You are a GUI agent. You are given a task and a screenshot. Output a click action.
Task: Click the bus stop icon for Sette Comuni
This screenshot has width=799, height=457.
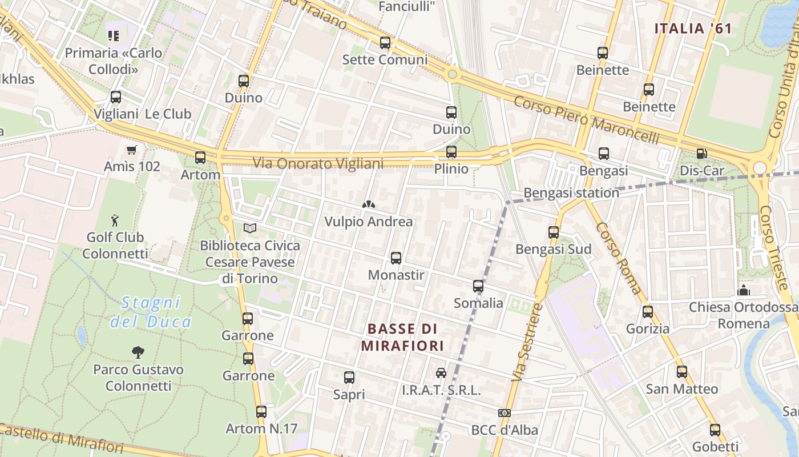click(x=385, y=43)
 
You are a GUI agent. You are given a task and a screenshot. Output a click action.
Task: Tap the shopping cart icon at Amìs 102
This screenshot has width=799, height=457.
click(x=132, y=150)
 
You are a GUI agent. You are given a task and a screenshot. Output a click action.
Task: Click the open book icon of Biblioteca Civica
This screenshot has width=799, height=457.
click(x=249, y=228)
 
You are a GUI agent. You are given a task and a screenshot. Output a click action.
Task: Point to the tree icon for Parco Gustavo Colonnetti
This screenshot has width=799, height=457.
click(x=138, y=352)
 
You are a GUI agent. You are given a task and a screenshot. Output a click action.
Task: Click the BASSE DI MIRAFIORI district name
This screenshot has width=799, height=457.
click(x=402, y=337)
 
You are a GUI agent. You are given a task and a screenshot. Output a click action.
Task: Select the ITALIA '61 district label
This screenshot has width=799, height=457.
click(x=692, y=29)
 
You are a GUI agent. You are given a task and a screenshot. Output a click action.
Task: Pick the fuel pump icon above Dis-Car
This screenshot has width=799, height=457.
click(x=701, y=154)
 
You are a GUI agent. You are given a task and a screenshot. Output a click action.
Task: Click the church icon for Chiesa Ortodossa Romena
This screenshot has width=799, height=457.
click(x=743, y=290)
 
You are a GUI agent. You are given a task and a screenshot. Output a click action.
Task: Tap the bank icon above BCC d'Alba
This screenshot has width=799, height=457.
click(x=504, y=413)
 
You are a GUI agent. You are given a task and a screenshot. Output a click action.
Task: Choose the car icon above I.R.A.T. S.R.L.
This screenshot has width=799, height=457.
click(x=441, y=373)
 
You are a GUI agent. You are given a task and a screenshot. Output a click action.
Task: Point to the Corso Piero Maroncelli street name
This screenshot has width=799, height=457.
click(x=586, y=121)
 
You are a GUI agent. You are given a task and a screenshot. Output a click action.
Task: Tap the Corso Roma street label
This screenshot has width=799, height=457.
click(x=619, y=258)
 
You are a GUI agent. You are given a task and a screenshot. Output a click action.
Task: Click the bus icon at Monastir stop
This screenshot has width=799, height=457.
click(x=396, y=258)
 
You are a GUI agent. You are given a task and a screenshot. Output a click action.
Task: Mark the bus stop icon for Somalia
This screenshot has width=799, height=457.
click(x=478, y=286)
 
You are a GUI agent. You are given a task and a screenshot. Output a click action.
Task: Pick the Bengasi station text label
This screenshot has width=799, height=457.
click(x=571, y=193)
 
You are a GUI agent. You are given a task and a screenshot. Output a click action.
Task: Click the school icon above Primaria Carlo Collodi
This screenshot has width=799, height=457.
click(x=114, y=36)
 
